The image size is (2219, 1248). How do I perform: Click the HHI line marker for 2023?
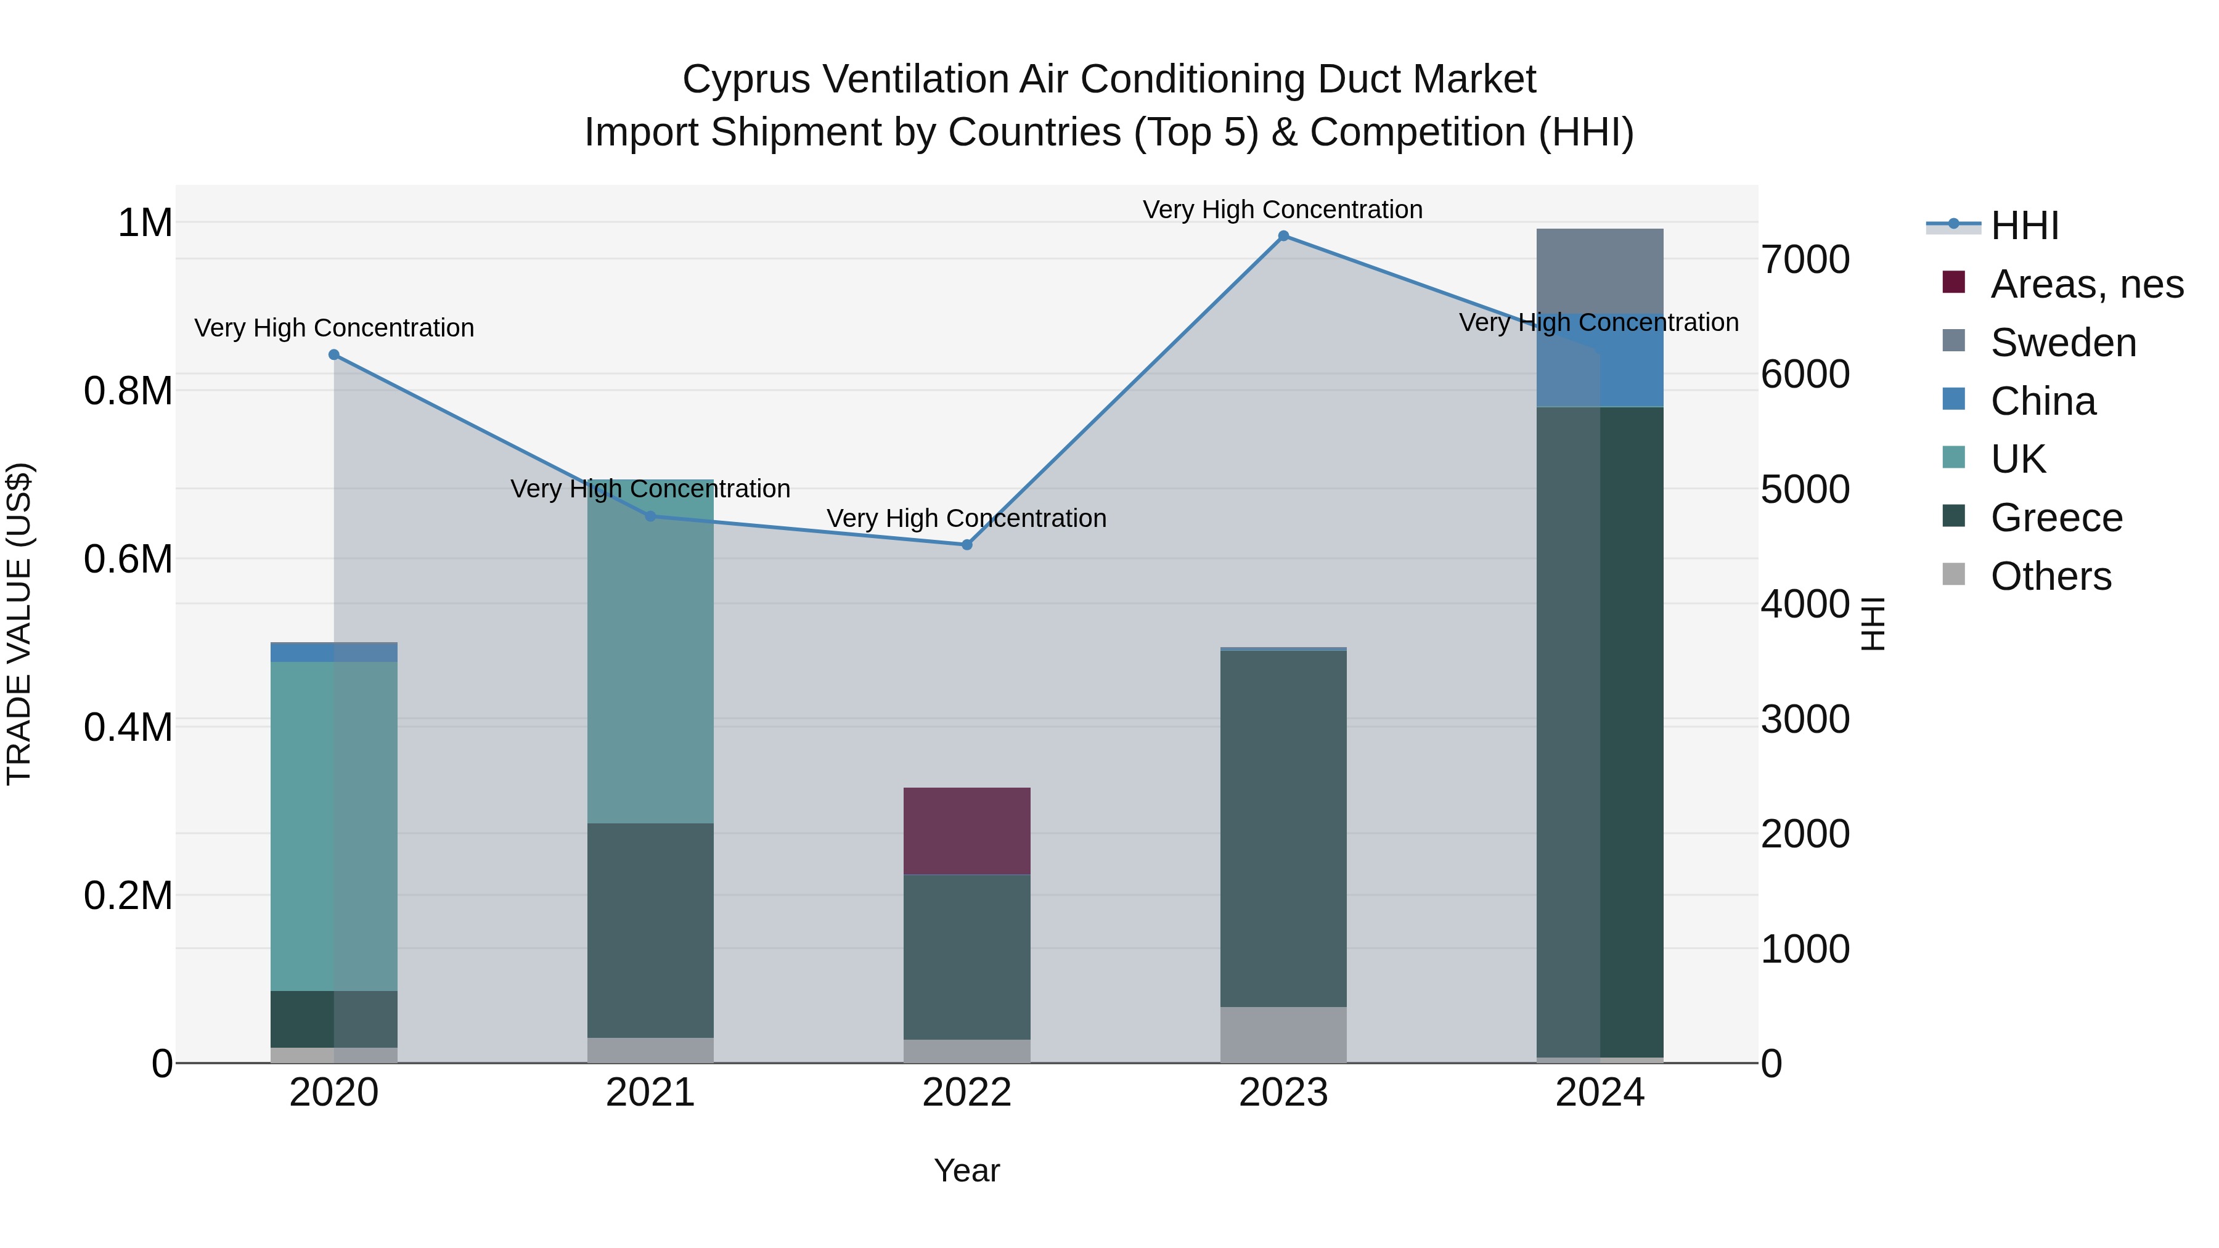point(1283,236)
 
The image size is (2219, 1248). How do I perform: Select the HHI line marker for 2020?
point(334,355)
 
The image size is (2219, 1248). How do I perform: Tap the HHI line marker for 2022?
point(966,544)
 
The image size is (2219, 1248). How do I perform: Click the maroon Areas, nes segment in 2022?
point(966,831)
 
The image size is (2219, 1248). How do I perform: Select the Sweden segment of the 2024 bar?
point(1600,271)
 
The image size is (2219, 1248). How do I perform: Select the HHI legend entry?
point(2024,226)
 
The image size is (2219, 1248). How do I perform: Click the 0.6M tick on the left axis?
point(128,560)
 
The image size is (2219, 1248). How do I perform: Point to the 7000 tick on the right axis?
point(1805,260)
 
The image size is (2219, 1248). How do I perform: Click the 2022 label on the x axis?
point(966,1093)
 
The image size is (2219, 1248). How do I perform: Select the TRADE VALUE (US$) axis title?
point(19,624)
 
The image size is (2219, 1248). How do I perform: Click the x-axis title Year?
point(966,1170)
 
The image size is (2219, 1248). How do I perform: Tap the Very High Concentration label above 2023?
point(1282,210)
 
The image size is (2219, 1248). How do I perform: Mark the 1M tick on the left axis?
point(145,223)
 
